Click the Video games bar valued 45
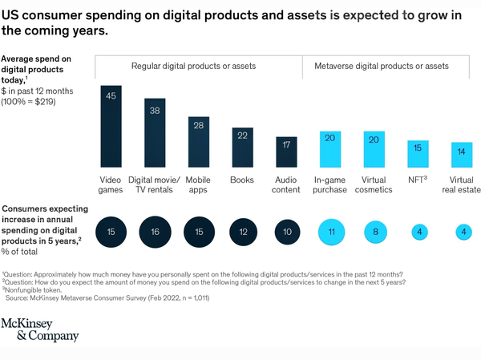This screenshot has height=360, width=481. coord(111,123)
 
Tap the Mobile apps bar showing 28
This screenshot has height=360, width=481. coord(199,140)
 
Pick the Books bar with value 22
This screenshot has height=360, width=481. coord(243,145)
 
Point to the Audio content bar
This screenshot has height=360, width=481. coord(286,149)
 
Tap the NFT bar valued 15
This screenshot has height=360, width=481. coord(418,152)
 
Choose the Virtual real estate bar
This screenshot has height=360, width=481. coord(461,152)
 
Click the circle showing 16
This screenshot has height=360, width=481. coord(156,233)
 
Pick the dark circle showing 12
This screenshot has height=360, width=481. coord(243,233)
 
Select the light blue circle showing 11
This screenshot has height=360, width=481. coord(330,233)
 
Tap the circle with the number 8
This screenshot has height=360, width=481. coord(374,233)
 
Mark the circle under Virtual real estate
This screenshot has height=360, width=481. coord(461,233)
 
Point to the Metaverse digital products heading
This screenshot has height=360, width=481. coord(390,66)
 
